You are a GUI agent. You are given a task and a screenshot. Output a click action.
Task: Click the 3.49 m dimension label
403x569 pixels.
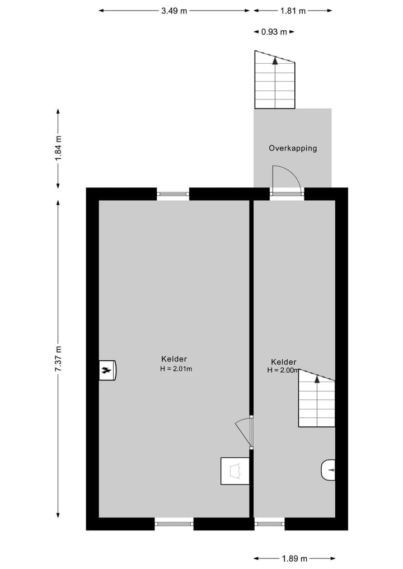pos(174,10)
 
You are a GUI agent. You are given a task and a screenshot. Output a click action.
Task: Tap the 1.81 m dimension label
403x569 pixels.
pos(294,10)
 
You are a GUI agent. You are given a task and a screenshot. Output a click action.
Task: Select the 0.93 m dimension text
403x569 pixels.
pos(274,32)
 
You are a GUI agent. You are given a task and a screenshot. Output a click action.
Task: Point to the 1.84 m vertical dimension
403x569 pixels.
pos(58,149)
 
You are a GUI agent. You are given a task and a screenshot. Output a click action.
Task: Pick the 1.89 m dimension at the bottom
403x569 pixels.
pos(295,558)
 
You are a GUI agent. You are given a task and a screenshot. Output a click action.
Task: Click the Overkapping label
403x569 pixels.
pos(293,148)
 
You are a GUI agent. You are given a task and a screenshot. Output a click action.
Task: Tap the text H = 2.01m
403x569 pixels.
pos(176,369)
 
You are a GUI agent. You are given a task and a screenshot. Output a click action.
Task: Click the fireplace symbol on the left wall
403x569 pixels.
pos(107,370)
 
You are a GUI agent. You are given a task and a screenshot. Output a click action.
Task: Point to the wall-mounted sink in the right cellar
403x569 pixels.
pos(328,470)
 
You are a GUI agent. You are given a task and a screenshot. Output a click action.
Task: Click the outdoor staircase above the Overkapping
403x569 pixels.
pos(274,80)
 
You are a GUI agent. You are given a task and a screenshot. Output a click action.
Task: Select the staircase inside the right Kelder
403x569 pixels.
pos(316,399)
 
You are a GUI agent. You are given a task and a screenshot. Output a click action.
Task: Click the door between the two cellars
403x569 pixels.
pos(245,432)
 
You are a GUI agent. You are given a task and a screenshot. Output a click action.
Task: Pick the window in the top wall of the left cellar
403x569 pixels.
pos(173,194)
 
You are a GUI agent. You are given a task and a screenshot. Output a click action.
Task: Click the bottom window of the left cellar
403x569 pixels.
pos(174,524)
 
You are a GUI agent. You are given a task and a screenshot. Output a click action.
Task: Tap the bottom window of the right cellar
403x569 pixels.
pos(269,524)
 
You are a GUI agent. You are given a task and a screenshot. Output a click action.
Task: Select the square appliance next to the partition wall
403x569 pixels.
pos(235,471)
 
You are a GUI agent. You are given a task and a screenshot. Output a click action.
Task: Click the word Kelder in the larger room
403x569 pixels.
pos(174,359)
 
